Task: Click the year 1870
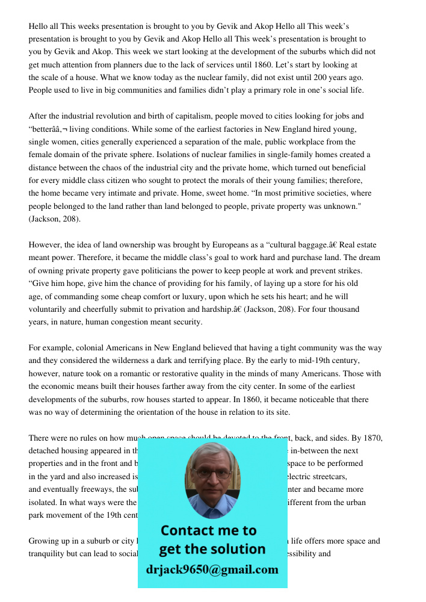pos(372,438)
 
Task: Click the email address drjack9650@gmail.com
pos(212,569)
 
